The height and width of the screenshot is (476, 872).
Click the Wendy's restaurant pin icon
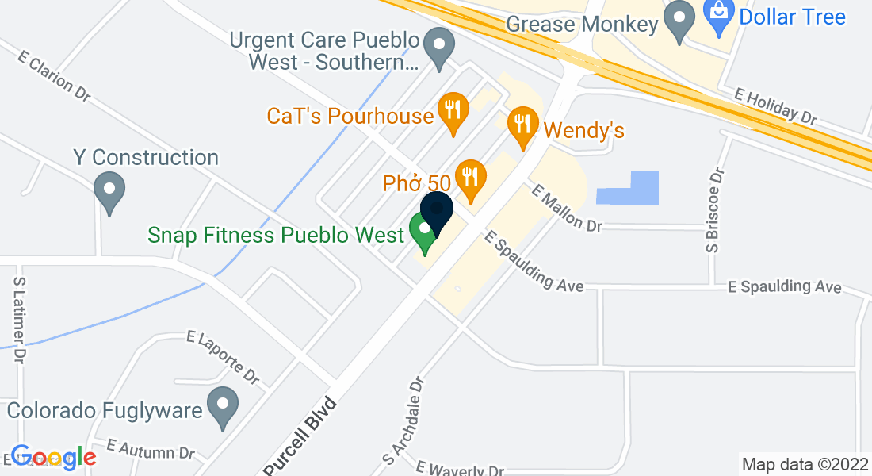[x=522, y=127]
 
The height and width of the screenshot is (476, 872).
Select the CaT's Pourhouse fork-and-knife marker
[x=453, y=113]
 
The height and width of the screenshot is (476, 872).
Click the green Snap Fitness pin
[x=425, y=233]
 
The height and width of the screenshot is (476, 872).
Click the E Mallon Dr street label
[x=568, y=209]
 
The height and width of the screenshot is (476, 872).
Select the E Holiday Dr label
[x=775, y=106]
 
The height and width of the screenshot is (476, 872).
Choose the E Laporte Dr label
[x=224, y=356]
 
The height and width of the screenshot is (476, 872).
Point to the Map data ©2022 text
[x=803, y=464]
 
